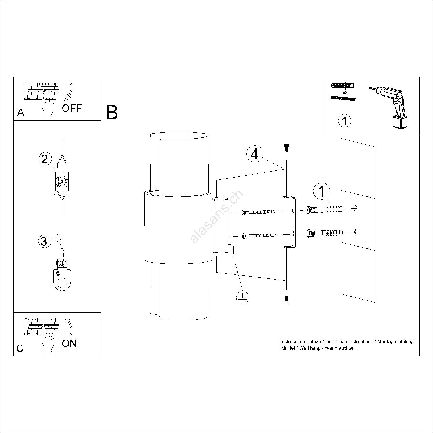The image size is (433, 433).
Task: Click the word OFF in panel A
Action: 72,108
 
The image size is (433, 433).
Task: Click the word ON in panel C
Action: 69,343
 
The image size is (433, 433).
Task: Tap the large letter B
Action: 112,113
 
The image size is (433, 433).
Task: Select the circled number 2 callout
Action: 45,159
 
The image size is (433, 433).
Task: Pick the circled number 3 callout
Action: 44,241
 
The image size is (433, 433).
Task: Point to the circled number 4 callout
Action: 254,154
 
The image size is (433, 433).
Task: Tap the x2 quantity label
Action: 345,93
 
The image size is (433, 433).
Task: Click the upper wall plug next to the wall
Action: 324,209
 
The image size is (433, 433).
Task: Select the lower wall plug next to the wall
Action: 324,233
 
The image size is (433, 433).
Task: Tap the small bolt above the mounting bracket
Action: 287,148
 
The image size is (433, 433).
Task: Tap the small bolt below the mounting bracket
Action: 287,299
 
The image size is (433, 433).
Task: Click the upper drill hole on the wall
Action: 356,209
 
